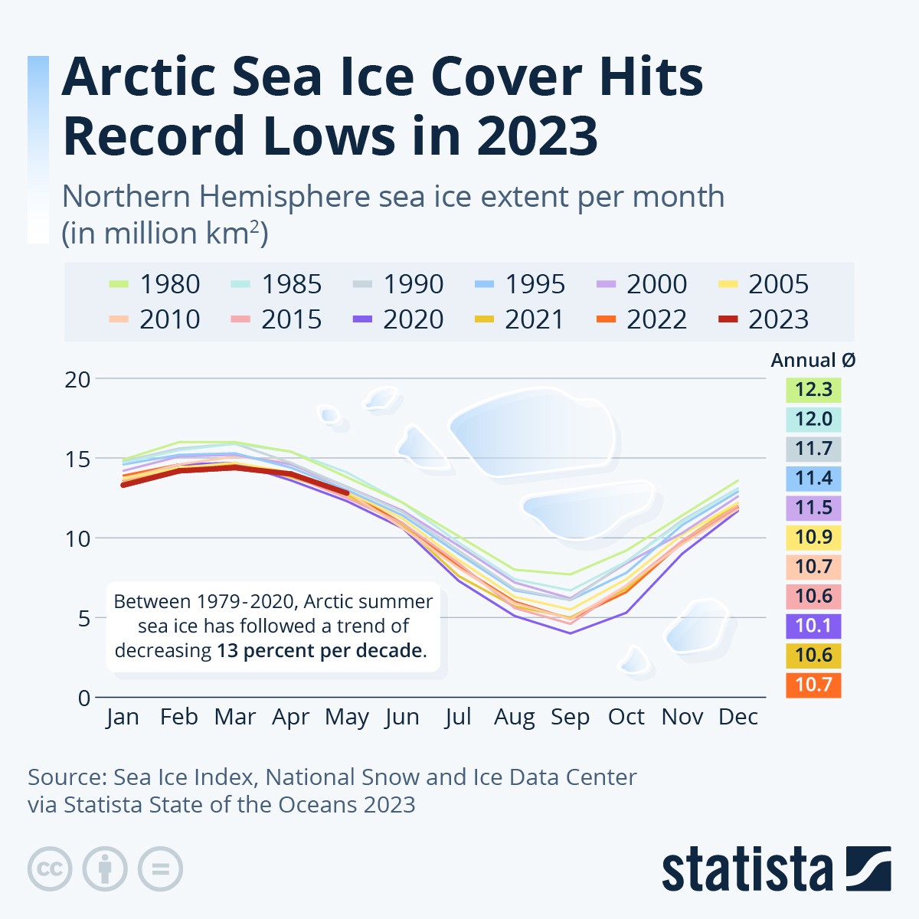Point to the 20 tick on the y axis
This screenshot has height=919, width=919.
[77, 379]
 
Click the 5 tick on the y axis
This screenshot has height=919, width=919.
[83, 618]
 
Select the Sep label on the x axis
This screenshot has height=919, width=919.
[570, 717]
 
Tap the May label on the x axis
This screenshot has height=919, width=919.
[347, 718]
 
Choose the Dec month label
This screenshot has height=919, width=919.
[738, 717]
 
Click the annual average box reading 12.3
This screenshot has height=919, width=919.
[813, 389]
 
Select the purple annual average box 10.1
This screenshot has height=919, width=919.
[813, 626]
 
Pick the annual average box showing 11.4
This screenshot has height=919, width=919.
[813, 479]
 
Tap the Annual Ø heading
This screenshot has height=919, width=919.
[813, 361]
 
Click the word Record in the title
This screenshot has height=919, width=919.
[154, 136]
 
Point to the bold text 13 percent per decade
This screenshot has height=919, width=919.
[321, 651]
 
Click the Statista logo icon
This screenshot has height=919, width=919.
[869, 868]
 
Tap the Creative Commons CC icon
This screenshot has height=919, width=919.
[50, 869]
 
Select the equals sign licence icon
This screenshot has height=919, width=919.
[160, 869]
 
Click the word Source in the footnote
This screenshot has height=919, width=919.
[64, 777]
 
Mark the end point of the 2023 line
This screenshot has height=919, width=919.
[347, 493]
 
